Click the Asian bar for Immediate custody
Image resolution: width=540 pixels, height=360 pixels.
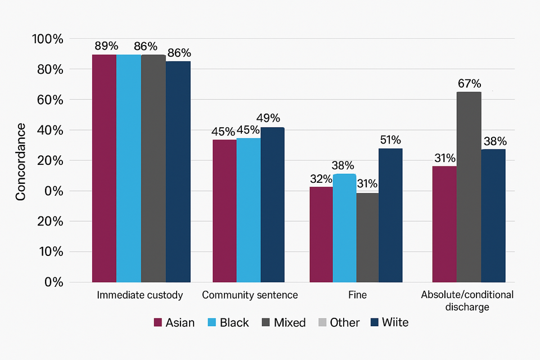pyautogui.click(x=104, y=168)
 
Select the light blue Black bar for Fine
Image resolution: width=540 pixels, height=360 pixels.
pyautogui.click(x=344, y=228)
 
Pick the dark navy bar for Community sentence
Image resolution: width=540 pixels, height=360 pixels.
pyautogui.click(x=272, y=205)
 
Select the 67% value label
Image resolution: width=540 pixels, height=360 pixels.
pyautogui.click(x=469, y=84)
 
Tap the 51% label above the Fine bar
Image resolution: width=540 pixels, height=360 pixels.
pyautogui.click(x=390, y=140)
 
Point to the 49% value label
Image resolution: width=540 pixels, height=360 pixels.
pyautogui.click(x=268, y=119)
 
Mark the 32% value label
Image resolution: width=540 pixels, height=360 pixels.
pyautogui.click(x=321, y=179)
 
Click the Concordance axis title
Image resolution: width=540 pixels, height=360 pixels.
pyautogui.click(x=21, y=161)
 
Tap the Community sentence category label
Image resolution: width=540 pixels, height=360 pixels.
pyautogui.click(x=250, y=295)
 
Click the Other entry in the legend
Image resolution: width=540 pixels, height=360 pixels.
pyautogui.click(x=339, y=322)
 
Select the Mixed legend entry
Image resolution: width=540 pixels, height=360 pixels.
pyautogui.click(x=283, y=322)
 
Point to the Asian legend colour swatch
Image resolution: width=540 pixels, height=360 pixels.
pyautogui.click(x=158, y=322)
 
